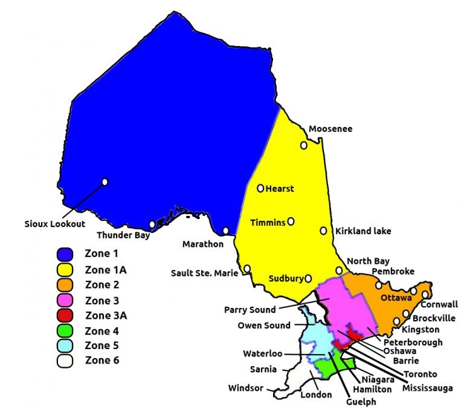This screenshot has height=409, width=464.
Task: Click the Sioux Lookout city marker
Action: click(x=105, y=182)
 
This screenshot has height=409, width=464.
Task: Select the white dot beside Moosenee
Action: click(x=304, y=145)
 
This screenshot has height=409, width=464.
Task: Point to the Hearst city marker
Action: click(x=260, y=188)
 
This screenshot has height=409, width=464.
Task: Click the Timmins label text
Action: click(x=268, y=223)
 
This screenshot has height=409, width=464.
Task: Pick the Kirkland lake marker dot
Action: click(x=324, y=231)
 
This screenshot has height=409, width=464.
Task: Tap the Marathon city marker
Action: click(x=225, y=231)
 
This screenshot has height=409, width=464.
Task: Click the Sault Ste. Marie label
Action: click(x=206, y=273)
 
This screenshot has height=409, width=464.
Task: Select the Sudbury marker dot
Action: click(x=308, y=279)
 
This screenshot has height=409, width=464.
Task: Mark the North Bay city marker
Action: click(x=340, y=270)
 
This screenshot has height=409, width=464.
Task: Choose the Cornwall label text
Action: click(x=439, y=304)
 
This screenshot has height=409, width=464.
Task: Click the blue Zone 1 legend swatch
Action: click(x=65, y=254)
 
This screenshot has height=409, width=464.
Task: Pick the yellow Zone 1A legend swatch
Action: click(x=65, y=269)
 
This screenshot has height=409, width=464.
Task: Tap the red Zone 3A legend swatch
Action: click(x=65, y=315)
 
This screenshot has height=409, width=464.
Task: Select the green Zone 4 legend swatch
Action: click(x=65, y=330)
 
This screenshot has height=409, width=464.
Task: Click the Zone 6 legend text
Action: click(x=102, y=361)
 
